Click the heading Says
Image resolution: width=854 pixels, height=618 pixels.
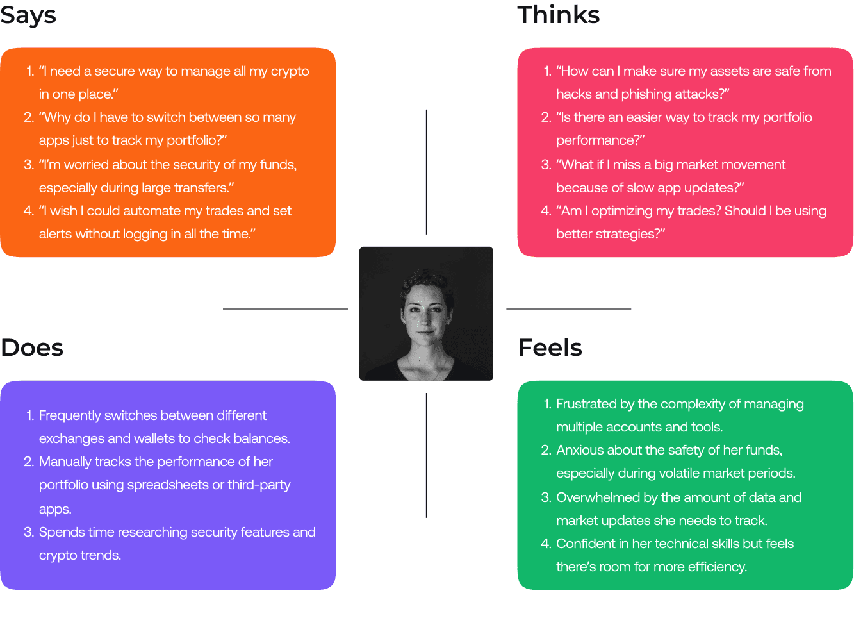[28, 15]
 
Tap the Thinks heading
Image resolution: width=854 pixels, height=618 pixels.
[558, 15]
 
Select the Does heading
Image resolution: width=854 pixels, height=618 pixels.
[32, 347]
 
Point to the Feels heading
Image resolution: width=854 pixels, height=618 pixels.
[550, 347]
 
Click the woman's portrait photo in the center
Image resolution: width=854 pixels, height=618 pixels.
[426, 313]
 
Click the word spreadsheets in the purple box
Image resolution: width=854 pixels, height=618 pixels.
[168, 485]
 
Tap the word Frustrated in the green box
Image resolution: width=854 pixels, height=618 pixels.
[586, 404]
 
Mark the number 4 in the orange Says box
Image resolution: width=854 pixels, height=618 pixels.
[28, 211]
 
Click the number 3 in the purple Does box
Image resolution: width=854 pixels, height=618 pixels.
[28, 532]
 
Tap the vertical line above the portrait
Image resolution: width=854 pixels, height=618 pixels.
[426, 172]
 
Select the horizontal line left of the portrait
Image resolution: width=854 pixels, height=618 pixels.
[285, 309]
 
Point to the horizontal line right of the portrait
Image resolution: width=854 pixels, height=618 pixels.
[568, 309]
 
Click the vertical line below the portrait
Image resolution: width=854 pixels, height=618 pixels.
[426, 455]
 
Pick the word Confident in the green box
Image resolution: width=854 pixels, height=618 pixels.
[585, 544]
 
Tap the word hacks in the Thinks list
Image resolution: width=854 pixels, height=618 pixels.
[573, 94]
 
